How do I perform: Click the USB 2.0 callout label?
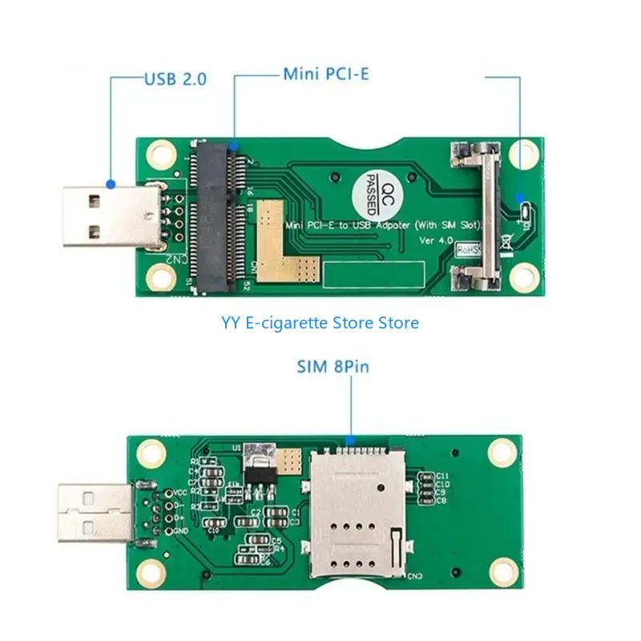(175, 79)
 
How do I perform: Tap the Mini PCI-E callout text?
(325, 75)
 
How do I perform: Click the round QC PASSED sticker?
(371, 193)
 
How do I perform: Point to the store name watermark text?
(320, 323)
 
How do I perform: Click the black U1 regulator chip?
(258, 473)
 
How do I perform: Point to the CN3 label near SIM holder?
(414, 575)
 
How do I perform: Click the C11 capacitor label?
(441, 476)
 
